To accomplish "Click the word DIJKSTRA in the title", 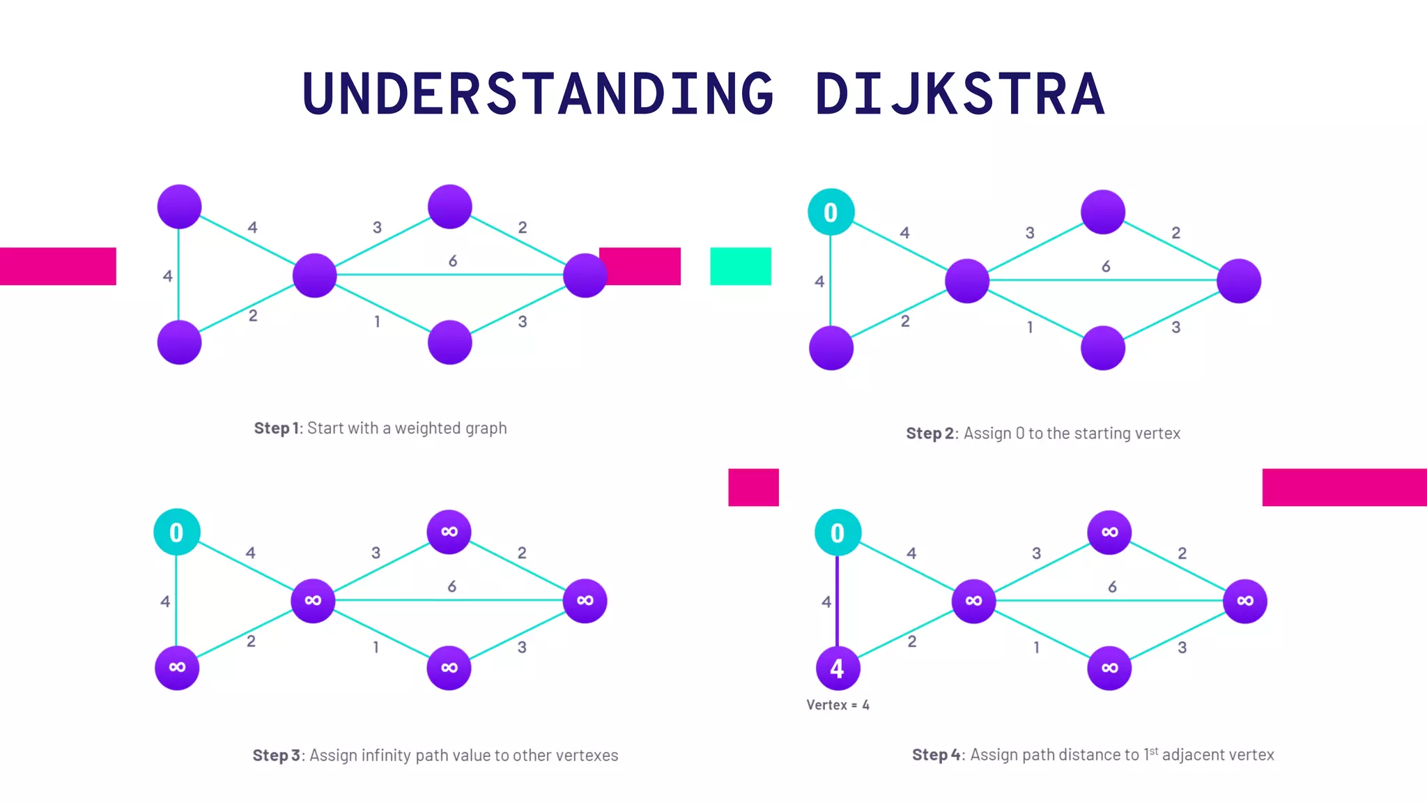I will pos(959,94).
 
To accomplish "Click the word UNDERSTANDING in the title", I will pos(538,94).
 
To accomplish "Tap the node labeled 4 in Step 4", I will pos(838,668).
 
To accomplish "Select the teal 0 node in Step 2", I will pos(831,212).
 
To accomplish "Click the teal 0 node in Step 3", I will pos(177,533).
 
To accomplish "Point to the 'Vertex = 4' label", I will pos(838,705).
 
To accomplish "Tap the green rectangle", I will pos(741,266).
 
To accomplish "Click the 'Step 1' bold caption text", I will pos(277,428).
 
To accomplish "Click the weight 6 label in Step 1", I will pos(453,261).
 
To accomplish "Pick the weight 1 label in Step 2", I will pos(1030,327).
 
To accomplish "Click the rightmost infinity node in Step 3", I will pos(585,601).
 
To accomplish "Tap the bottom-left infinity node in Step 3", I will pos(177,668).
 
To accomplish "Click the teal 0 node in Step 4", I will pos(838,533).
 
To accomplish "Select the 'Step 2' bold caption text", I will pos(930,434).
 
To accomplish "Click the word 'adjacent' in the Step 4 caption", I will pos(1189,755).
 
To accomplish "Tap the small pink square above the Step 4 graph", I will pos(753,487).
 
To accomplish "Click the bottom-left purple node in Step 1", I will pos(179,342).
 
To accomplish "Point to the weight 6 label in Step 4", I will pos(1112,587).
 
